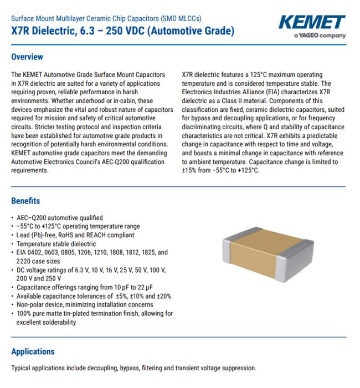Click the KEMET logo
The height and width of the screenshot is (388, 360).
tap(312, 23)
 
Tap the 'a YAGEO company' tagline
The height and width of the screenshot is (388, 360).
tap(320, 36)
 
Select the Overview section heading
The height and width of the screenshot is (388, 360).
tap(27, 57)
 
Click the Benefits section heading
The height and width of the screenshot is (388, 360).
tap(25, 201)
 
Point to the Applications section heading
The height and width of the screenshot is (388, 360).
tap(33, 351)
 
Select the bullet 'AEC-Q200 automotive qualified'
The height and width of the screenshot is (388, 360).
tap(59, 217)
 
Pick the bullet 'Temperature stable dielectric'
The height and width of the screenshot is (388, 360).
tap(56, 243)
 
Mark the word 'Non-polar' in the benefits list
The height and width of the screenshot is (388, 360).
tap(31, 304)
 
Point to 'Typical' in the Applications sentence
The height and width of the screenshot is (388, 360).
tap(22, 369)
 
